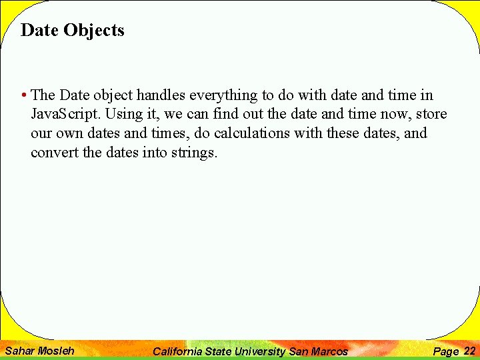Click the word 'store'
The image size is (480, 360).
[x=431, y=115]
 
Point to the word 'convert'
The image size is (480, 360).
[x=53, y=152]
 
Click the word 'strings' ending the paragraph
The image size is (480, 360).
[x=194, y=152]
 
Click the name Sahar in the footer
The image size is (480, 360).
[x=19, y=351]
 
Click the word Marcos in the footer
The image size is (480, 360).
[x=329, y=351]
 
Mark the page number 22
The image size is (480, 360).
[x=469, y=351]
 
